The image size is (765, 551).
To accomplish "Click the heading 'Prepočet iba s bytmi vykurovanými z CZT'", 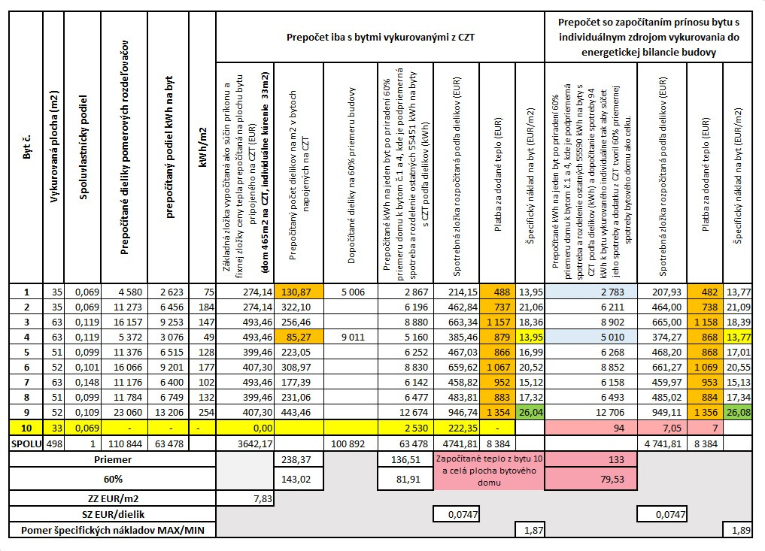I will [381, 35].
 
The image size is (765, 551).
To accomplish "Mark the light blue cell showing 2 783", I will [590, 292].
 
